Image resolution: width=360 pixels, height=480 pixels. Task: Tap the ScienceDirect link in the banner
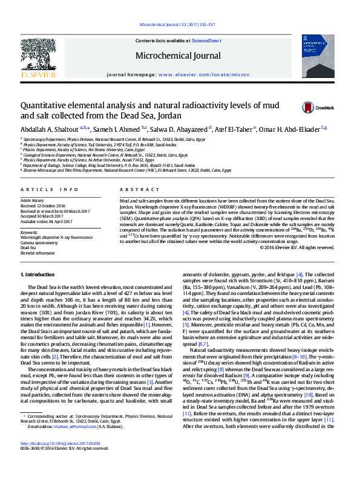pos(206,41)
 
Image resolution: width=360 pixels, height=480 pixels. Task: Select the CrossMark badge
pos(318,108)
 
